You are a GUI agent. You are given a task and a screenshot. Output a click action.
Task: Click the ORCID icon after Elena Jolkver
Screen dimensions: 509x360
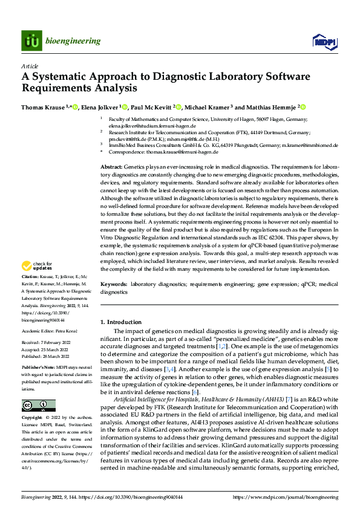125,107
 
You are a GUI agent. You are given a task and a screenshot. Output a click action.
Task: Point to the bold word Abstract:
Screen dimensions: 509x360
112,166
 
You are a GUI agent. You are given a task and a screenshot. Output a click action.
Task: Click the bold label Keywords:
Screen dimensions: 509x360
114,283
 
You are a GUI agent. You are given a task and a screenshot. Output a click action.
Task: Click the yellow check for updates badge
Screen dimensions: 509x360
38,265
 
